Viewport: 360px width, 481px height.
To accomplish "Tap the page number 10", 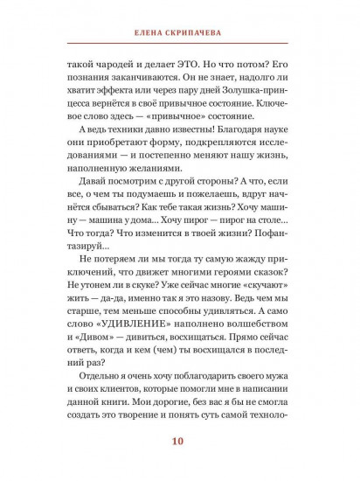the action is click(x=179, y=440).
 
